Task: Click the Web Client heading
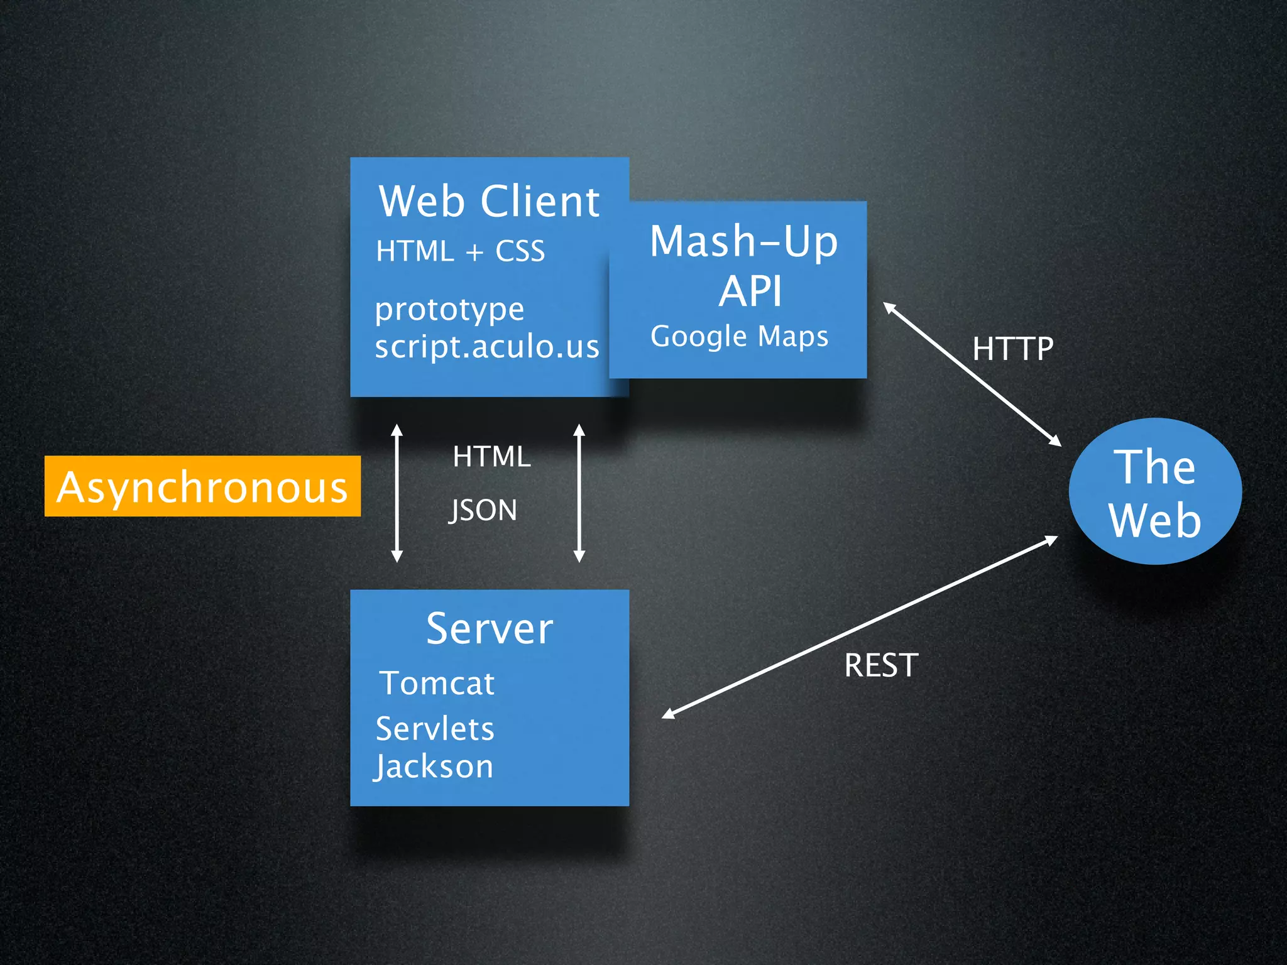pyautogui.click(x=489, y=202)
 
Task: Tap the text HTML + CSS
pyautogui.click(x=460, y=251)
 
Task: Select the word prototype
pyautogui.click(x=449, y=309)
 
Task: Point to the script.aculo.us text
pyautogui.click(x=487, y=347)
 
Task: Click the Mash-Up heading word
pyautogui.click(x=744, y=241)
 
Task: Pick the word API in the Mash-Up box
pyautogui.click(x=750, y=292)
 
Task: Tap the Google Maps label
pyautogui.click(x=739, y=336)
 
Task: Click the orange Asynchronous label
pyautogui.click(x=202, y=487)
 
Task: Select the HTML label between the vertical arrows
pyautogui.click(x=491, y=456)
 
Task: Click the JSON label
pyautogui.click(x=483, y=510)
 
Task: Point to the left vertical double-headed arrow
pyautogui.click(x=397, y=493)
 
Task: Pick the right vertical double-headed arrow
pyautogui.click(x=579, y=493)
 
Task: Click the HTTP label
pyautogui.click(x=1012, y=349)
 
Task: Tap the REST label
pyautogui.click(x=881, y=665)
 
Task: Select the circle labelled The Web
pyautogui.click(x=1155, y=492)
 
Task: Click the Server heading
pyautogui.click(x=489, y=629)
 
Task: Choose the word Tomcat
pyautogui.click(x=437, y=684)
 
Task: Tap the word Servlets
pyautogui.click(x=435, y=729)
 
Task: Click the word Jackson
pyautogui.click(x=434, y=767)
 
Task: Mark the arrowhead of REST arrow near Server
pyautogui.click(x=667, y=714)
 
